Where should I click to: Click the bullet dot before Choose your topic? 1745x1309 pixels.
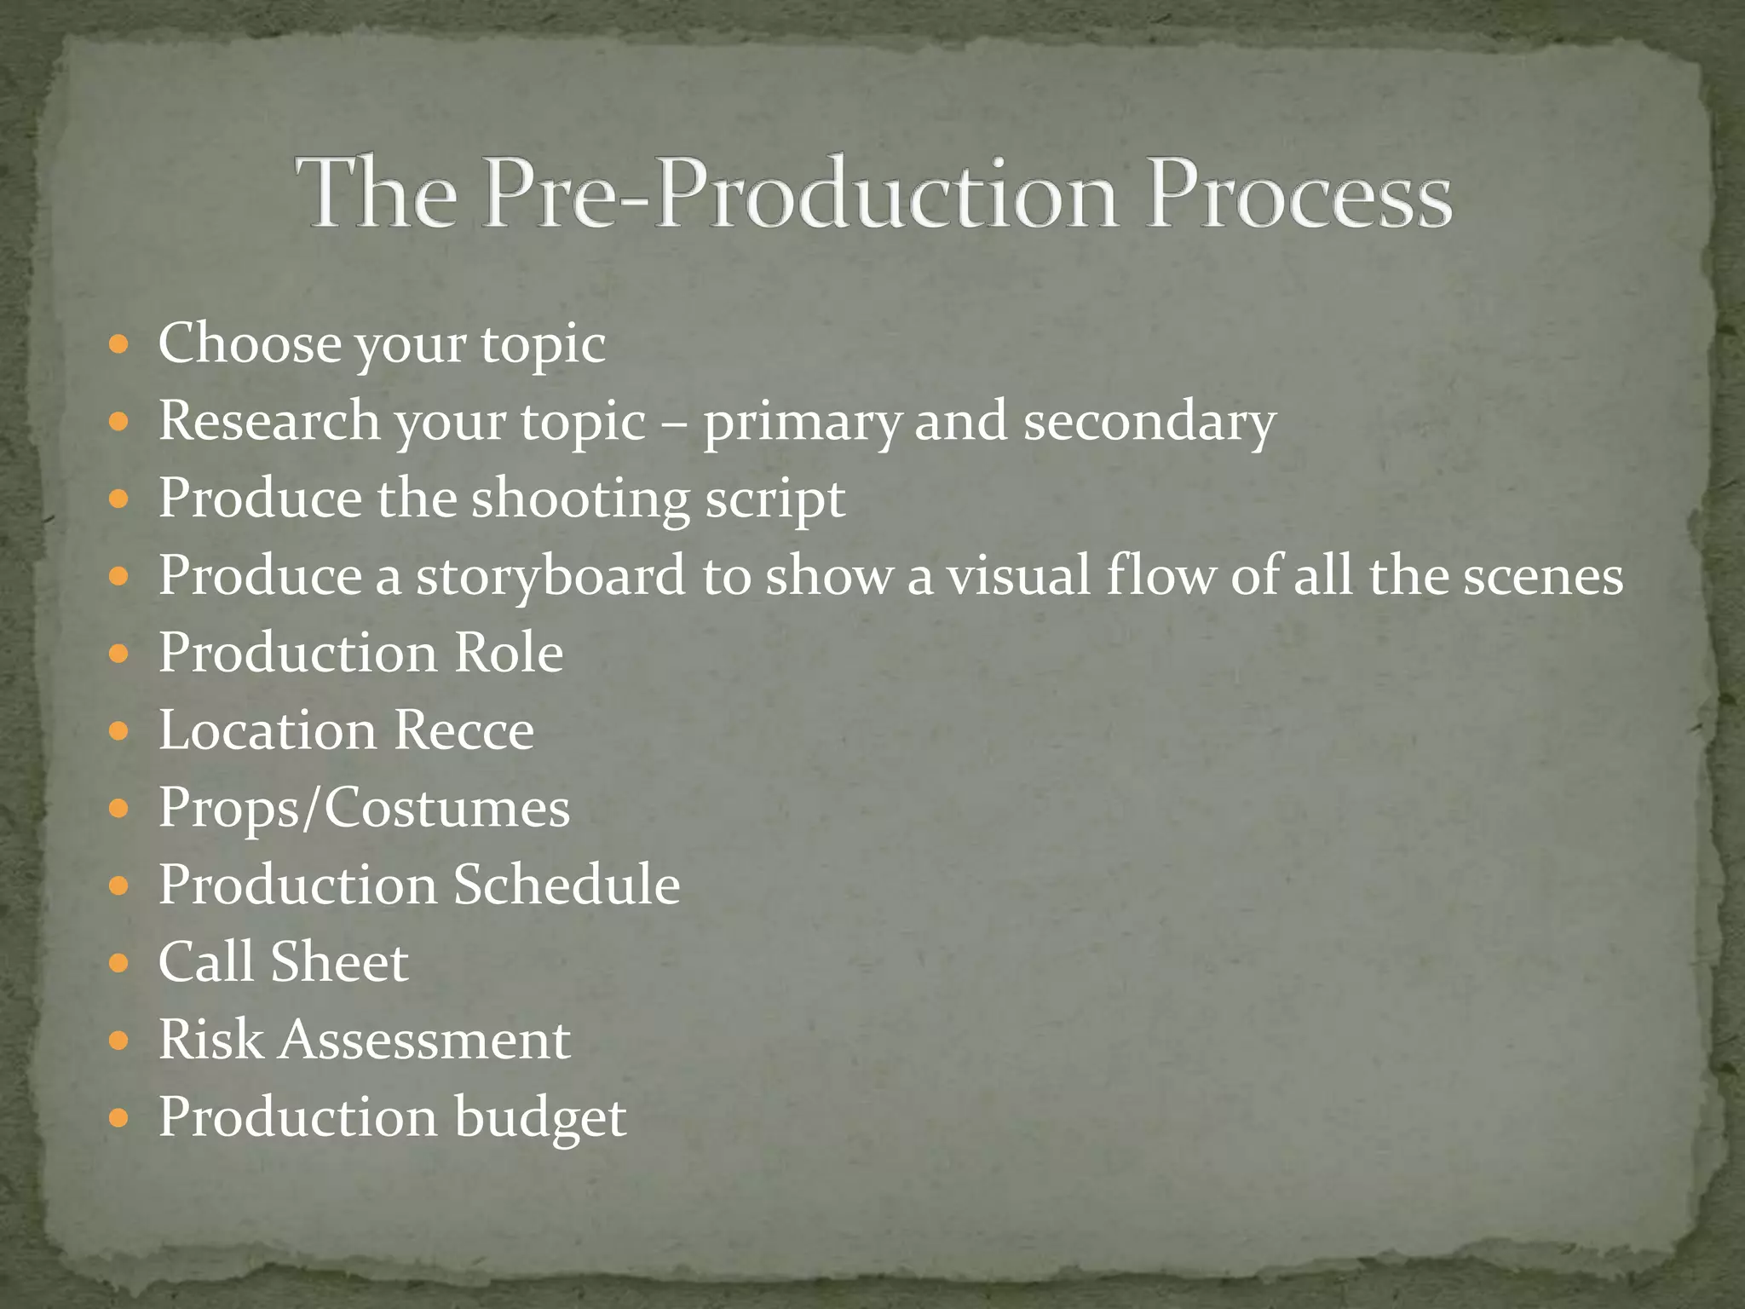(x=119, y=345)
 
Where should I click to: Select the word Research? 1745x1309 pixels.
(x=269, y=421)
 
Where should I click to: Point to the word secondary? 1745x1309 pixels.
(x=1149, y=423)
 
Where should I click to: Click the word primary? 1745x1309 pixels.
(x=801, y=423)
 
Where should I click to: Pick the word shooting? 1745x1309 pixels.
(x=579, y=499)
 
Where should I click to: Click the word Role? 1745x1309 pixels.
(x=508, y=654)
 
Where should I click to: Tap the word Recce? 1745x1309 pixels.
(x=464, y=731)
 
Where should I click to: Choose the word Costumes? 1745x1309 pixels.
(x=446, y=808)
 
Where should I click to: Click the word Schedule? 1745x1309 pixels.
(x=566, y=885)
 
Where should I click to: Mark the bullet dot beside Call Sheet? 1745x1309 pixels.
(x=119, y=964)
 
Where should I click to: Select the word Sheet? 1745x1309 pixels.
(x=339, y=963)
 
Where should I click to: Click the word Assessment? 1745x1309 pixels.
(x=425, y=1041)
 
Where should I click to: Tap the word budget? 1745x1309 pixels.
(x=540, y=1119)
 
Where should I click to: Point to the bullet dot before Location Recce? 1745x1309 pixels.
(x=119, y=732)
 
